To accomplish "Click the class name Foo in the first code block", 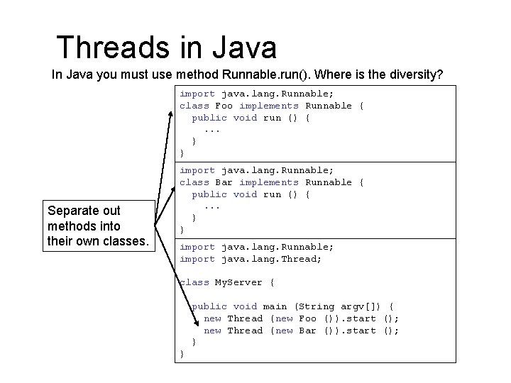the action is [224, 106].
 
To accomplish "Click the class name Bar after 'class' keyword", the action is [224, 182].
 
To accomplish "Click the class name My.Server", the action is [238, 282].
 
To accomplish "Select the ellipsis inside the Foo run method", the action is [211, 130].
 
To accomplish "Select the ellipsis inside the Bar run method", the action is [211, 206].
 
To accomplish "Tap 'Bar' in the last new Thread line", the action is [307, 331].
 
